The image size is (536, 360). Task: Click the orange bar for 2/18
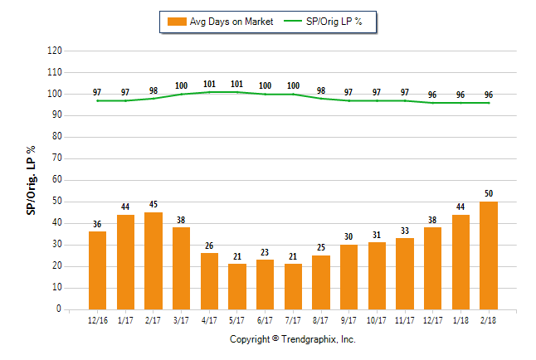[x=488, y=255]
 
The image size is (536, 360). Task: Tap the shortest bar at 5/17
[x=236, y=286]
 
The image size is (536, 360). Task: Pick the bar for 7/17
[x=293, y=286]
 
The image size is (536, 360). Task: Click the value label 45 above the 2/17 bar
[x=153, y=205]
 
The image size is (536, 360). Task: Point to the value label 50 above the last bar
[x=488, y=194]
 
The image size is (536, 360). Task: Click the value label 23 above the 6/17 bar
[x=265, y=252]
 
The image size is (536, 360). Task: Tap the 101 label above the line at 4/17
[x=209, y=83]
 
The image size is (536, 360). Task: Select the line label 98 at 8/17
[x=320, y=90]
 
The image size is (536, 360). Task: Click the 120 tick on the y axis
[x=55, y=51]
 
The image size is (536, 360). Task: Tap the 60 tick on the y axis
[x=57, y=180]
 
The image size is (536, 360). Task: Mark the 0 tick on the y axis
[x=60, y=309]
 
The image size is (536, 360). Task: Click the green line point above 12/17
[x=432, y=103]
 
